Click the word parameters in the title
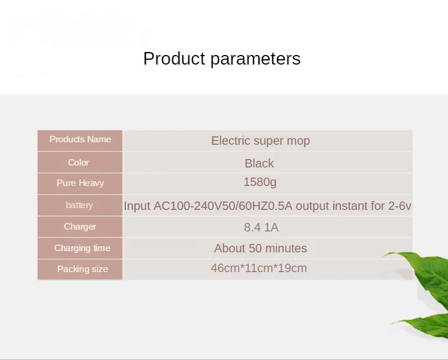tap(255, 59)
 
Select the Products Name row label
tap(80, 139)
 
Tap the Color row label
tap(78, 162)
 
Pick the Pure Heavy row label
tap(80, 183)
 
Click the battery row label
tap(80, 205)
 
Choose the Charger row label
tap(80, 227)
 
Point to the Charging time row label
tap(83, 248)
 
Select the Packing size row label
tap(83, 269)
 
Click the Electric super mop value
tap(261, 141)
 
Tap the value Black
tap(259, 163)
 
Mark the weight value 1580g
tap(260, 182)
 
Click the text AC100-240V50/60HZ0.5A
tap(223, 206)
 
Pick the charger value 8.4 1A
tap(261, 227)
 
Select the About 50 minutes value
tap(261, 248)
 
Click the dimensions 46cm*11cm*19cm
tap(259, 269)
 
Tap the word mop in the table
tap(298, 141)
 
